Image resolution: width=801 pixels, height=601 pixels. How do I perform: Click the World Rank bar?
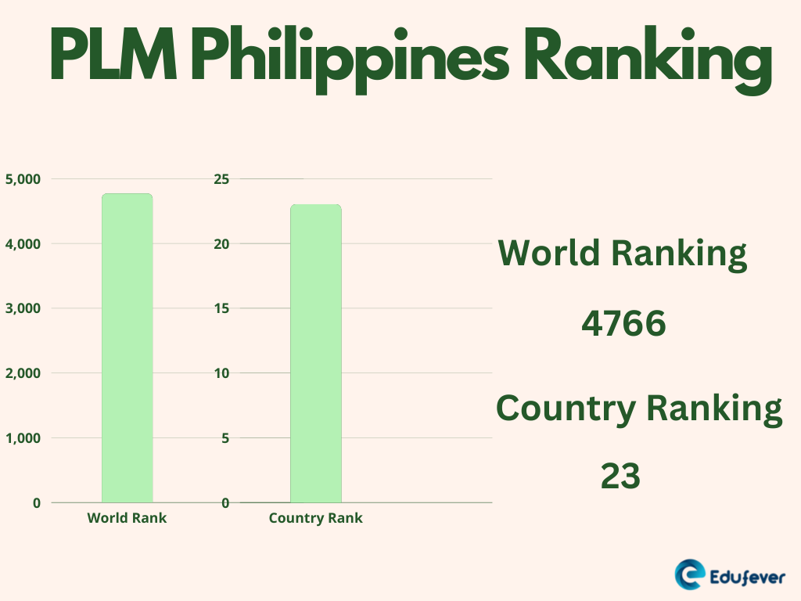[x=128, y=347]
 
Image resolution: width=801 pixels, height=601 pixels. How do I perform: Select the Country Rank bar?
[x=316, y=353]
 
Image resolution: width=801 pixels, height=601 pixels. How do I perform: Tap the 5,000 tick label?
[x=23, y=179]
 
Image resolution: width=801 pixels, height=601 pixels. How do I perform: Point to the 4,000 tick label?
[x=23, y=244]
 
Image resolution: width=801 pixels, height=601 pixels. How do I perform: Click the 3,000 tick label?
[x=23, y=308]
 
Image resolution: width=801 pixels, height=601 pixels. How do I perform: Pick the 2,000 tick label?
[x=23, y=373]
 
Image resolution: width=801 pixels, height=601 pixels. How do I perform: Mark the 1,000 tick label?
[x=23, y=438]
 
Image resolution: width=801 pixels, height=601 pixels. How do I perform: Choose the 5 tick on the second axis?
[x=225, y=438]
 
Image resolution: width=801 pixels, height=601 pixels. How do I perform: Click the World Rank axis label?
[x=127, y=518]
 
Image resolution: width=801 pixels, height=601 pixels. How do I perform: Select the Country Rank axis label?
[x=315, y=518]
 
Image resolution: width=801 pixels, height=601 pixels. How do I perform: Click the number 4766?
[x=623, y=324]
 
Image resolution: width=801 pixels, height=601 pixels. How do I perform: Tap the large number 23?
[x=621, y=476]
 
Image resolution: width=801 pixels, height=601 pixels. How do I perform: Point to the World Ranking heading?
[x=623, y=254]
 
